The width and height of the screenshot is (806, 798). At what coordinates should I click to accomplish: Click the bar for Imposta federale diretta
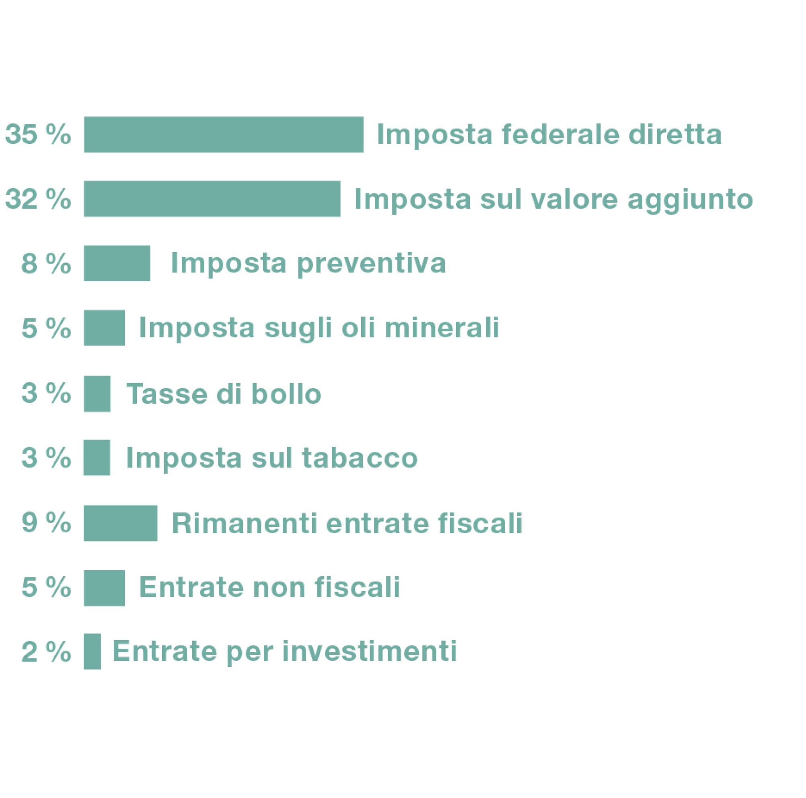click(223, 134)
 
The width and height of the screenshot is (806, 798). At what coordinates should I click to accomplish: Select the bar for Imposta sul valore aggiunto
click(212, 199)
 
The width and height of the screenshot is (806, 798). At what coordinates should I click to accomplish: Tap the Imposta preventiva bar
click(117, 263)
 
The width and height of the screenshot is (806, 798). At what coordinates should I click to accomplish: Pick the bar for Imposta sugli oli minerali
click(104, 328)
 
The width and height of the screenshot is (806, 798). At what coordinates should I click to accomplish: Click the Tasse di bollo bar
click(97, 394)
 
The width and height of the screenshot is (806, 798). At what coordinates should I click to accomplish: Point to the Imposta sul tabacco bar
click(97, 458)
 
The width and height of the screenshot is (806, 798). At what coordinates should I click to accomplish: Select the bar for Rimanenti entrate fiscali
click(120, 523)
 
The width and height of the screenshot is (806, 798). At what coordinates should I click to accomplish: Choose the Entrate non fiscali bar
click(104, 587)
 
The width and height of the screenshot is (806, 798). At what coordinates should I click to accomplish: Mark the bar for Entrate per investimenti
click(92, 651)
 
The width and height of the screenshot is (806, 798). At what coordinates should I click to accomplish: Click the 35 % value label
click(38, 135)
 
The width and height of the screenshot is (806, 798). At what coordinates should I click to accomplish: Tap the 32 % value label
click(38, 199)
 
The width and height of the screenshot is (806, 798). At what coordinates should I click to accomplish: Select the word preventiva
click(371, 263)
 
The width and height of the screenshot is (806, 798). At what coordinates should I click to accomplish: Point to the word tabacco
click(360, 458)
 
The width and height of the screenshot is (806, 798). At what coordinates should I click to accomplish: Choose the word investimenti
click(370, 651)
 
